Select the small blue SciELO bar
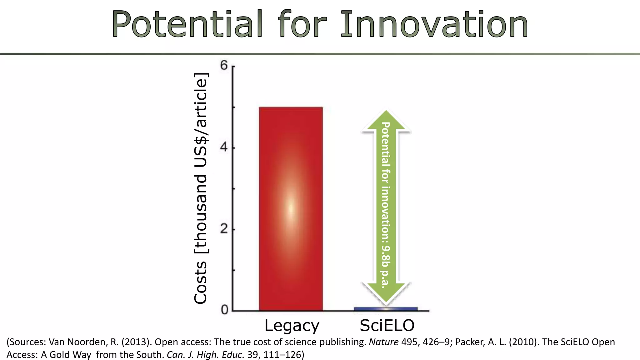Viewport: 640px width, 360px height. click(x=386, y=309)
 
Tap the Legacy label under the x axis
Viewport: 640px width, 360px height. click(x=292, y=326)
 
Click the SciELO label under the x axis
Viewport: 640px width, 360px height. click(x=387, y=326)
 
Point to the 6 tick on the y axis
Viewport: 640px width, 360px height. click(x=224, y=66)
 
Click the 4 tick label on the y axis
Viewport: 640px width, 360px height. click(x=224, y=147)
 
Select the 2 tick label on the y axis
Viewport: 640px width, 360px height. click(x=224, y=229)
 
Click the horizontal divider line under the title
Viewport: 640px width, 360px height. click(x=320, y=54)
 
